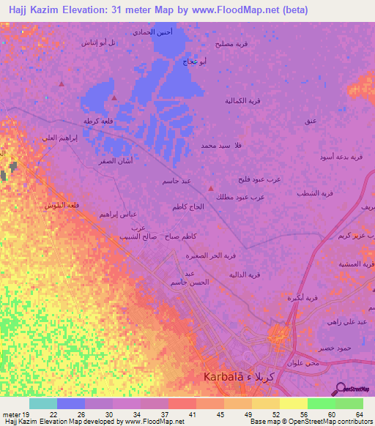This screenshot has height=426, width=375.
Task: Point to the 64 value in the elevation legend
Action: pos(359,414)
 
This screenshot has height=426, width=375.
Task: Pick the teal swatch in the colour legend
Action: pos(43,403)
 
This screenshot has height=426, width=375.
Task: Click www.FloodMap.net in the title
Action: pos(242,10)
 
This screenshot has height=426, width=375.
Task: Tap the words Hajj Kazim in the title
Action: pos(34,10)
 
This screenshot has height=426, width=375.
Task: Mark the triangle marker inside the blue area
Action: pos(114,97)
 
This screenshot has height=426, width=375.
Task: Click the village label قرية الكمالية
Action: pos(242,100)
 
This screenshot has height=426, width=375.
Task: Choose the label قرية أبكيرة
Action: pos(302,297)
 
